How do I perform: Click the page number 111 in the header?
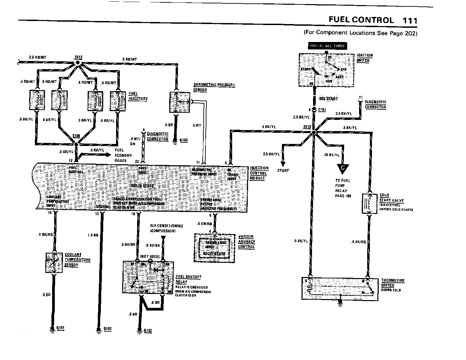[x=409, y=20]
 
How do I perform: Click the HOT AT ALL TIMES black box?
[x=327, y=46]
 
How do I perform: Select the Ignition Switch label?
[x=364, y=58]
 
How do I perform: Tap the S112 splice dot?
[x=77, y=63]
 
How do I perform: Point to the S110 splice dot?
[x=314, y=132]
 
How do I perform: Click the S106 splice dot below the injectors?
[x=76, y=144]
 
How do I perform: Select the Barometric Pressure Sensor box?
[x=179, y=102]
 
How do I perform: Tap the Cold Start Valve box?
[x=369, y=204]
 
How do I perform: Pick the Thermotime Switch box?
[x=339, y=289]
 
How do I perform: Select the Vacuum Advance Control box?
[x=214, y=248]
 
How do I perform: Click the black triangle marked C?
[x=343, y=168]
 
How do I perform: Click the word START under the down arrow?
[x=283, y=170]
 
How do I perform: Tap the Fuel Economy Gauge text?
[x=121, y=155]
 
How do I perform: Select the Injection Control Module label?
[x=259, y=173]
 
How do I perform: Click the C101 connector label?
[x=322, y=110]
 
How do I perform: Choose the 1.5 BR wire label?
[x=93, y=235]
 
